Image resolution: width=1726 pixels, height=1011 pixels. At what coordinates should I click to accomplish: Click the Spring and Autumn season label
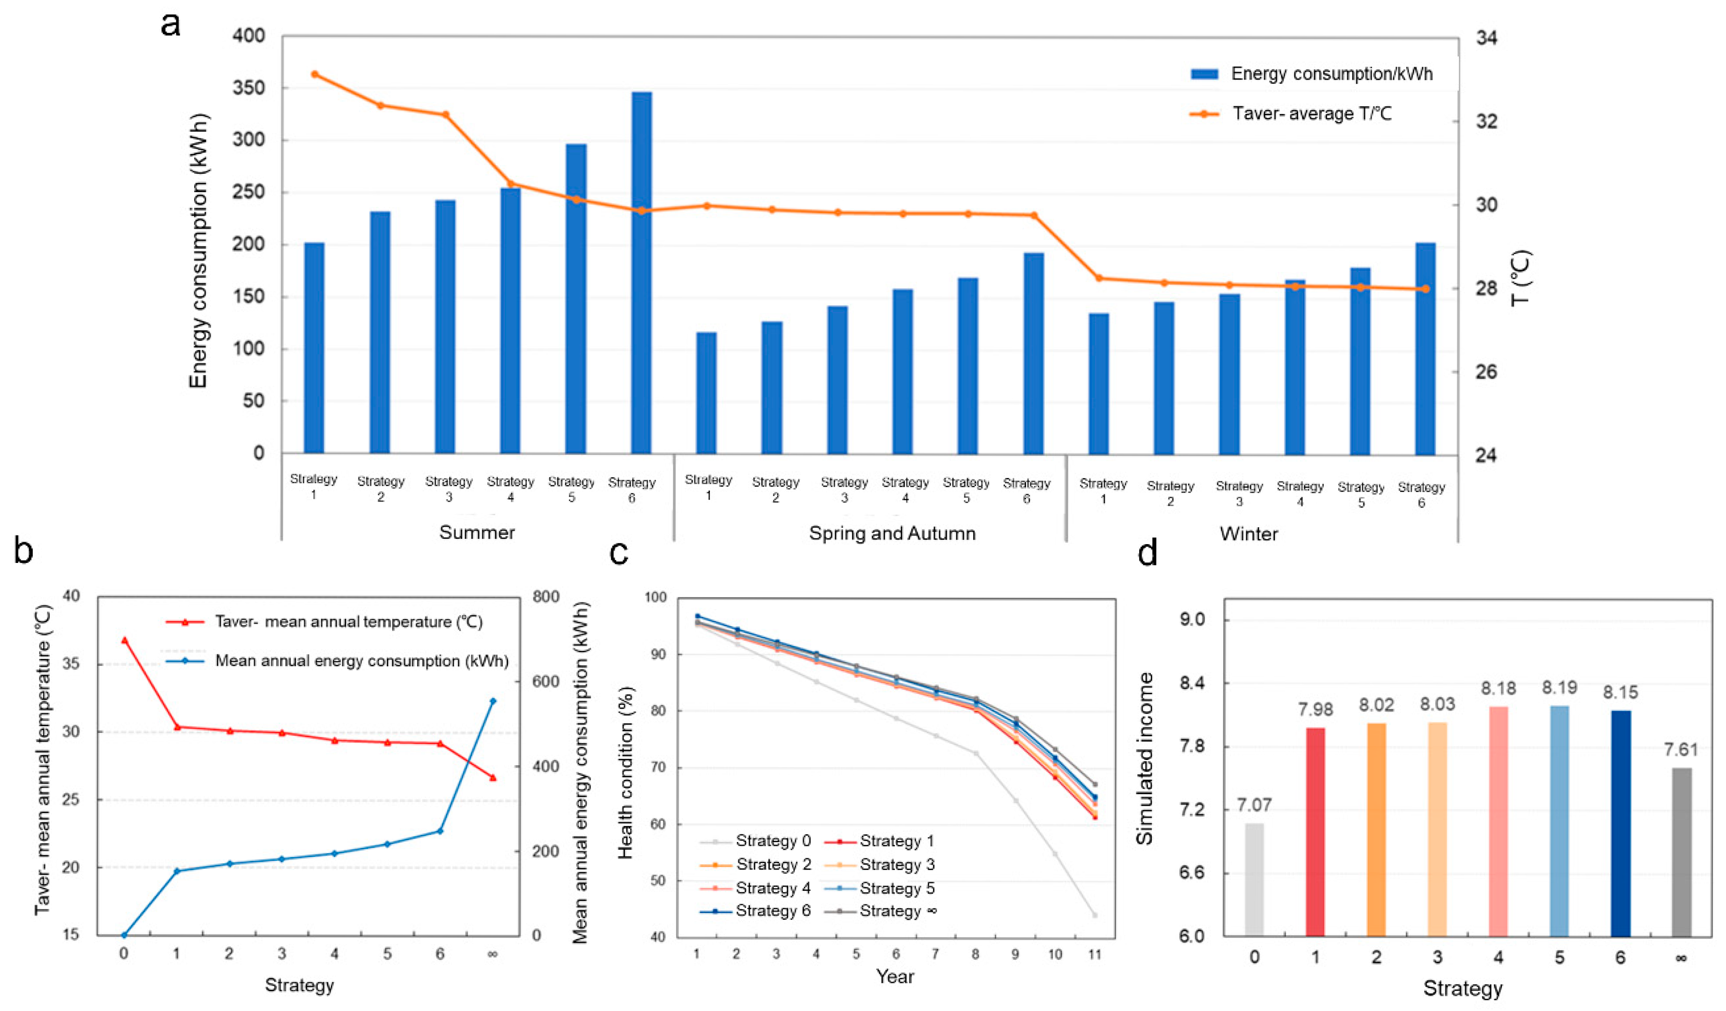892,533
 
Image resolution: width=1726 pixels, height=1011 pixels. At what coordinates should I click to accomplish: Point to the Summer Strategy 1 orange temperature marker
315,74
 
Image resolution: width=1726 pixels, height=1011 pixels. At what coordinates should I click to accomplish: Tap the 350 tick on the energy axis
249,88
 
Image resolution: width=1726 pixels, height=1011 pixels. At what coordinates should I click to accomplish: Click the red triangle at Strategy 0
124,640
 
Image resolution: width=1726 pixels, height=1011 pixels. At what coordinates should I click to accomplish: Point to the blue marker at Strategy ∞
493,701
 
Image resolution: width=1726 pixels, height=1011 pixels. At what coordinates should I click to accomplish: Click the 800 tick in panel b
546,597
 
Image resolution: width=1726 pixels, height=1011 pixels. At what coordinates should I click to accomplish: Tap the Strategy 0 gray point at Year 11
1094,915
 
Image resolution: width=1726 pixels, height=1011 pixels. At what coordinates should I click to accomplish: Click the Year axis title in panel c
895,976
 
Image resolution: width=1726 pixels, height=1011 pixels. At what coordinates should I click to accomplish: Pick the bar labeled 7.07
1254,880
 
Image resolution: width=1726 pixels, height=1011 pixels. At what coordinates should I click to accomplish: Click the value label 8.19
1559,705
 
